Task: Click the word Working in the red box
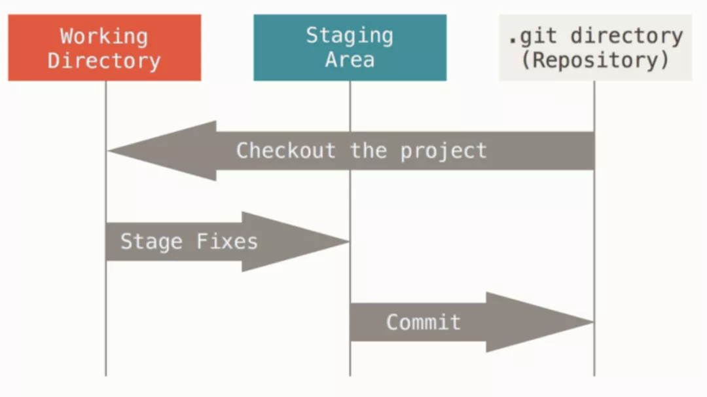pos(104,37)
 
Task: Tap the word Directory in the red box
pos(104,61)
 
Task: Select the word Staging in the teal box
pos(350,36)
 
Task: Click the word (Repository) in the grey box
pos(595,60)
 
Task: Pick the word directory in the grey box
pos(626,36)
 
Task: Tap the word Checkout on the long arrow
pos(286,151)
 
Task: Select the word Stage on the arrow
pos(151,242)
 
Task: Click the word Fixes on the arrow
pos(227,241)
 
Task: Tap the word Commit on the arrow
pos(424,322)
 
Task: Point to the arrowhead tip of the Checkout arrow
pos(108,151)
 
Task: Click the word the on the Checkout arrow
pos(369,151)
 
